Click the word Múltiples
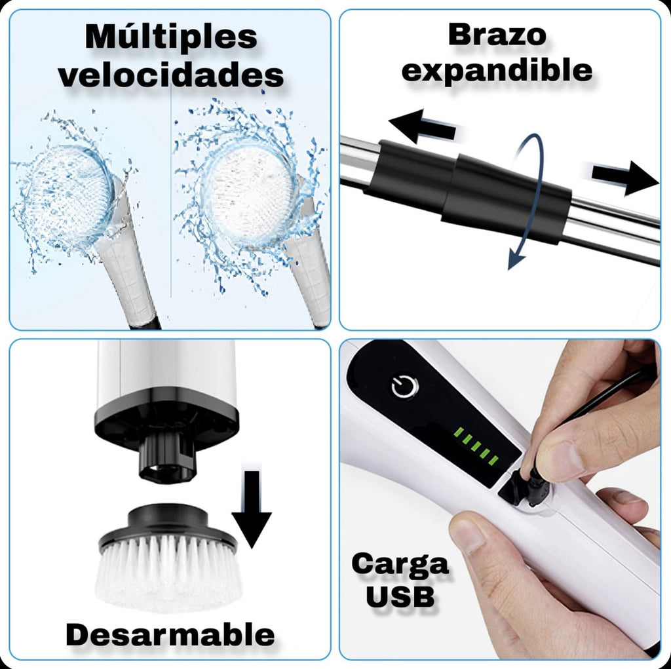click(171, 37)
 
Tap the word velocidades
click(171, 75)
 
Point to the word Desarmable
click(170, 634)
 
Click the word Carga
click(400, 564)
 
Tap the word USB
click(400, 596)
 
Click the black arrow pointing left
click(423, 126)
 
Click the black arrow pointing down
click(252, 509)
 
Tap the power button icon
click(404, 387)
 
